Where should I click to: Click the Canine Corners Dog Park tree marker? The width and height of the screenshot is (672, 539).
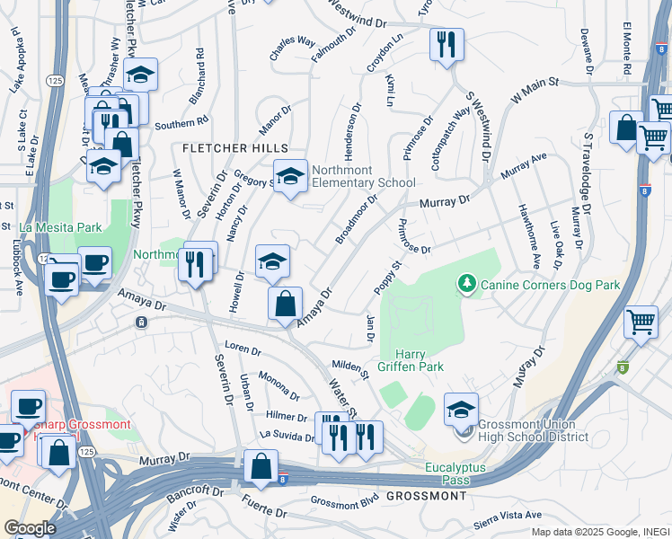point(466,286)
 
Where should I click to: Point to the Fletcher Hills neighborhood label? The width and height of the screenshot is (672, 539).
point(235,147)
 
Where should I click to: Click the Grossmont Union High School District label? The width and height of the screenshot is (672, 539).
point(534,430)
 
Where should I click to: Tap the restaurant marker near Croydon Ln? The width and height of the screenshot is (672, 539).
point(447,44)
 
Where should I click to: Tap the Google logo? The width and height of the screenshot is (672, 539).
point(30,528)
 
